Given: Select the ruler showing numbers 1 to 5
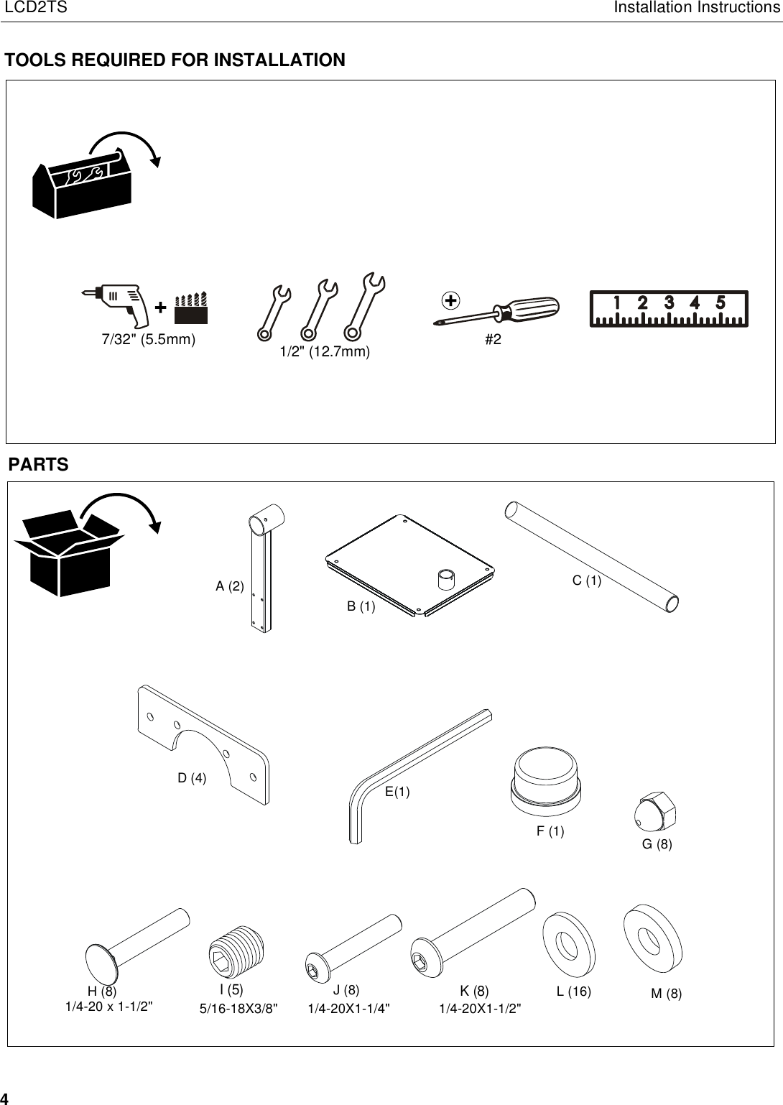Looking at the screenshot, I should [x=669, y=308].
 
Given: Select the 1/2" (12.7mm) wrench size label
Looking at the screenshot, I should [x=325, y=351].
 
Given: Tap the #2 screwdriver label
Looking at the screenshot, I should [x=493, y=340].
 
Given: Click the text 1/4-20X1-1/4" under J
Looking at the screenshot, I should [x=349, y=1009].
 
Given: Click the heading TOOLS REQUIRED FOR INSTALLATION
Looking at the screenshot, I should [x=175, y=60].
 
